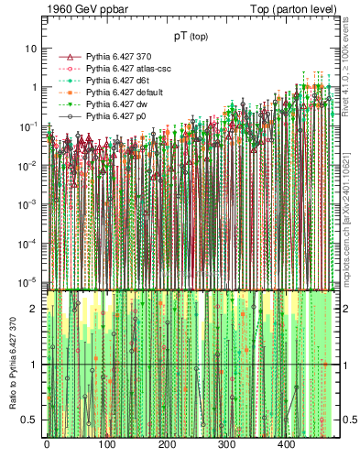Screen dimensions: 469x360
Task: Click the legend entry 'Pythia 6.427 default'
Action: pyautogui.click(x=119, y=93)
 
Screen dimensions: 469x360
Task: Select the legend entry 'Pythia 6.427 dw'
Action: pyautogui.click(x=113, y=104)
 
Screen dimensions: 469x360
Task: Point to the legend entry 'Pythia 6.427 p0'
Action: pyautogui.click(x=112, y=116)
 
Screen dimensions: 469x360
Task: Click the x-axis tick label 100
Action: pyautogui.click(x=106, y=445)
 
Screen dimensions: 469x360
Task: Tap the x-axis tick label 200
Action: pyautogui.click(x=167, y=445)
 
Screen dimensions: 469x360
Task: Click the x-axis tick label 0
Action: pyautogui.click(x=47, y=445)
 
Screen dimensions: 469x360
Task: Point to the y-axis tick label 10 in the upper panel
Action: pyautogui.click(x=31, y=48)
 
